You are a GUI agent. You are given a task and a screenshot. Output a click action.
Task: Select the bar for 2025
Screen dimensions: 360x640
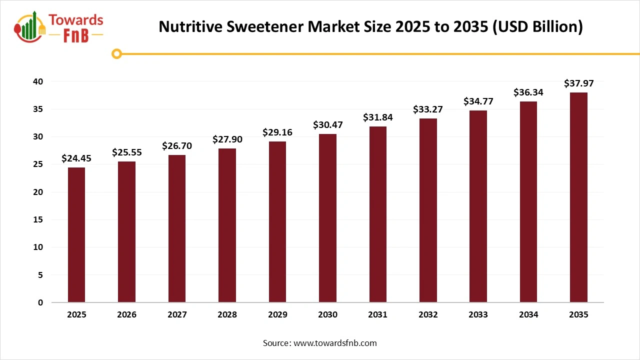pyautogui.click(x=76, y=235)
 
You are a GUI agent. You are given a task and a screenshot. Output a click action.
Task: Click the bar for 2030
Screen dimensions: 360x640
pyautogui.click(x=327, y=218)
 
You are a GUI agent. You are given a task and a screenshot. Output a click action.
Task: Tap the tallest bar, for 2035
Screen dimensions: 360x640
pyautogui.click(x=578, y=197)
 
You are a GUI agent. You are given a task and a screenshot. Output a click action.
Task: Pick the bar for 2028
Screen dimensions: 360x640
pyautogui.click(x=227, y=225)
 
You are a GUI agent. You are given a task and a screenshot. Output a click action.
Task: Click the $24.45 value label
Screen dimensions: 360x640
pyautogui.click(x=76, y=158)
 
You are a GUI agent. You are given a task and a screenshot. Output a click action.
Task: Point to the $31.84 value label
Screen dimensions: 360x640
pyautogui.click(x=377, y=117)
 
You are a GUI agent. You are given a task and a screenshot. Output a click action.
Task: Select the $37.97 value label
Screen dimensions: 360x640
pyautogui.click(x=578, y=83)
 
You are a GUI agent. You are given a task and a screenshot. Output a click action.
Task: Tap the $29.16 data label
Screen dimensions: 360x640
pyautogui.click(x=277, y=132)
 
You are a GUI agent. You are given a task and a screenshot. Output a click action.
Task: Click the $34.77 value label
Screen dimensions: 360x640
pyautogui.click(x=478, y=101)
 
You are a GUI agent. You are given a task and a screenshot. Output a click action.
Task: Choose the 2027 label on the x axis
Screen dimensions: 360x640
pyautogui.click(x=177, y=315)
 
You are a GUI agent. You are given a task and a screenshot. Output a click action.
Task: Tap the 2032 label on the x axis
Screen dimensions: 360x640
pyautogui.click(x=428, y=315)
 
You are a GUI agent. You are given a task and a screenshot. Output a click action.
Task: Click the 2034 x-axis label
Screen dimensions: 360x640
pyautogui.click(x=528, y=315)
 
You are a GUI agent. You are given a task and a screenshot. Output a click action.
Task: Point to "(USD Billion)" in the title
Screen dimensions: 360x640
pyautogui.click(x=537, y=26)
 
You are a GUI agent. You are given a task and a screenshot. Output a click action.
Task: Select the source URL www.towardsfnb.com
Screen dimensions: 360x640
pyautogui.click(x=334, y=343)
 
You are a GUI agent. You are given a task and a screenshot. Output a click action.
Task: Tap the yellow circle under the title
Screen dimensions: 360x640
pyautogui.click(x=116, y=54)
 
